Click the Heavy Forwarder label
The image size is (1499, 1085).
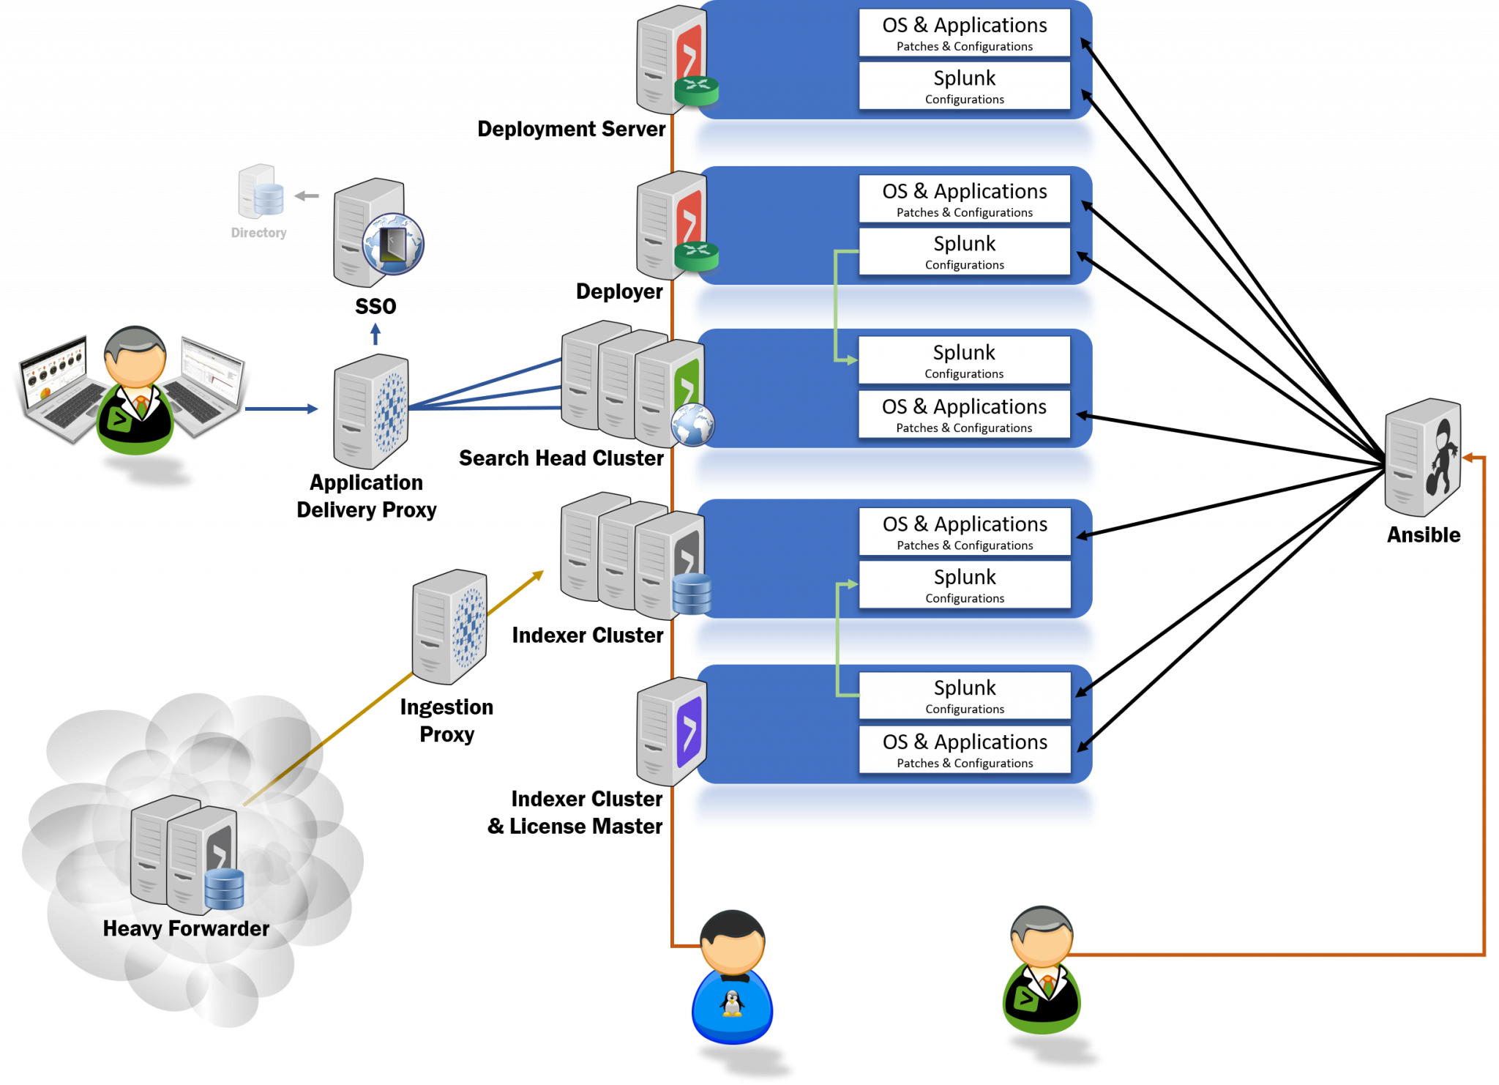[186, 928]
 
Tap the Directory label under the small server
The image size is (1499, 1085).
[258, 233]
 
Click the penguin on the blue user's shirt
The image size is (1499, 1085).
[732, 1003]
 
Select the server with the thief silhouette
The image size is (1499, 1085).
[1423, 457]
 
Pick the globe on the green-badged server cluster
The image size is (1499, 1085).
[692, 425]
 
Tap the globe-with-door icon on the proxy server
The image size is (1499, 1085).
[394, 244]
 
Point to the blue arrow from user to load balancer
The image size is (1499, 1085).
[282, 409]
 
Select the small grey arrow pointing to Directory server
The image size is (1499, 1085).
[307, 195]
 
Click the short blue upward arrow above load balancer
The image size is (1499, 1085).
[375, 334]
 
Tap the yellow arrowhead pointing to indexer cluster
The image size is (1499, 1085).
[538, 575]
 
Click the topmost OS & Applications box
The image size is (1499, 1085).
[964, 33]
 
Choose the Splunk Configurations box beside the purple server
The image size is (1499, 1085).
[964, 696]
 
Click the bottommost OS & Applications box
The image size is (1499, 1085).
[964, 749]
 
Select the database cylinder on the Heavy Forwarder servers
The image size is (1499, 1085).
[224, 888]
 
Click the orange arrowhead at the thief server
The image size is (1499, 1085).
[1467, 458]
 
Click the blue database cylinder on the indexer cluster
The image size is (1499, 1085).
[692, 594]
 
